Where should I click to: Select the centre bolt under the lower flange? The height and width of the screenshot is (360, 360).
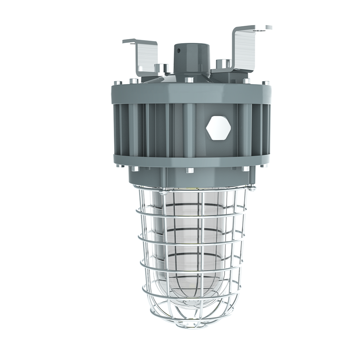(x=188, y=169)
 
